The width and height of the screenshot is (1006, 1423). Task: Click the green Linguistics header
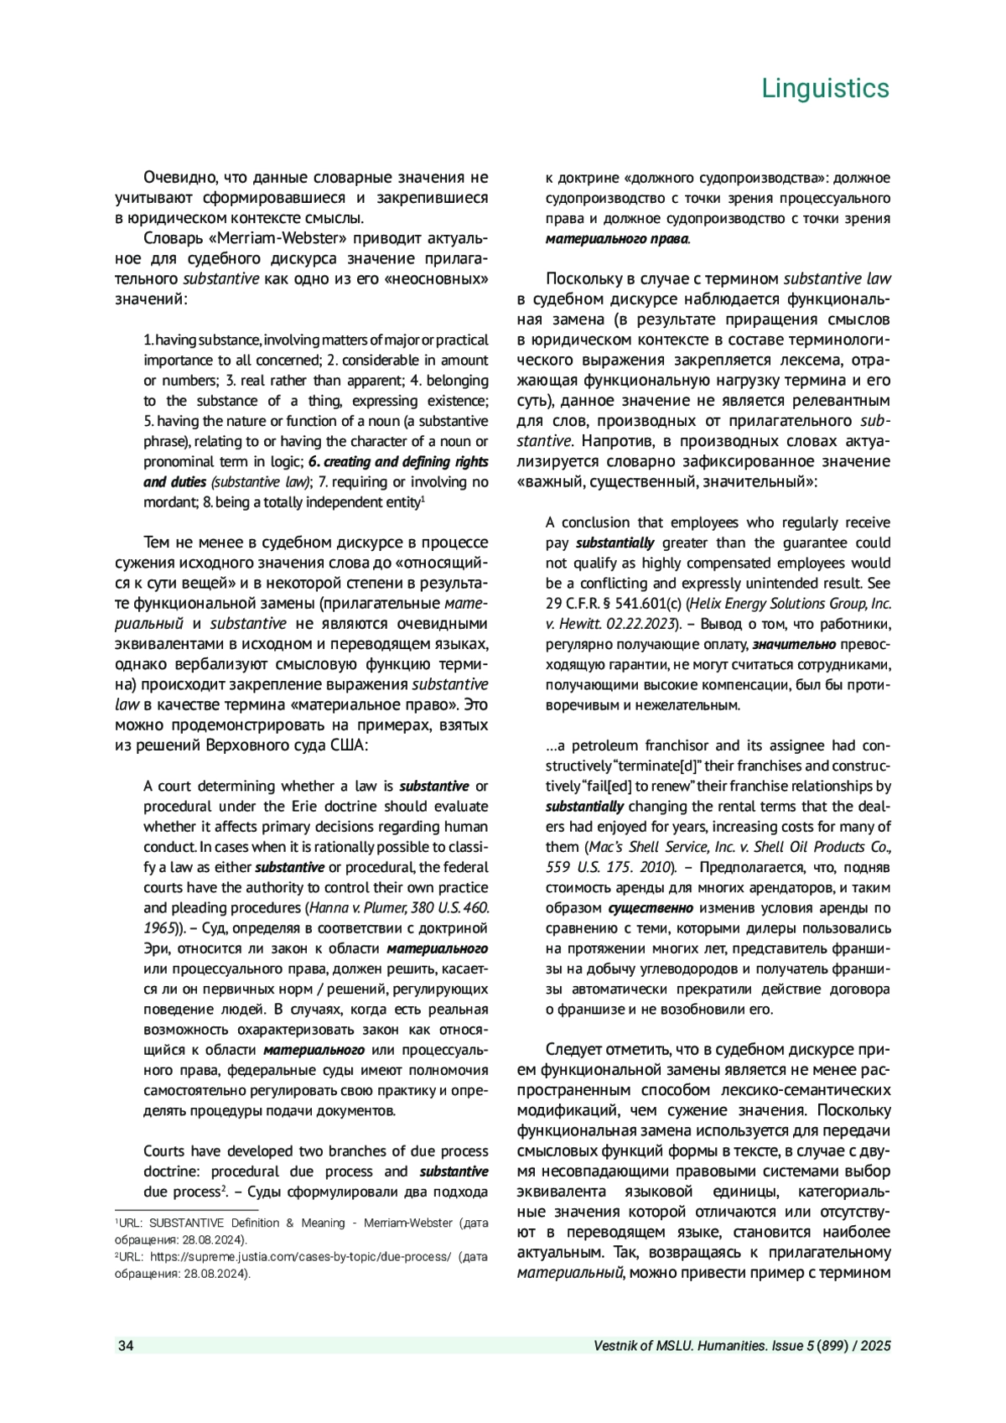click(825, 88)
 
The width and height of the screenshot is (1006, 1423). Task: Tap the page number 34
click(126, 1346)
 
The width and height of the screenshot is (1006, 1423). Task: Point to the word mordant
click(171, 502)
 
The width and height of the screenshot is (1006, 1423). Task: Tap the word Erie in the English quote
click(329, 807)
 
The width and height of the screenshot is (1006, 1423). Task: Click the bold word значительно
click(794, 644)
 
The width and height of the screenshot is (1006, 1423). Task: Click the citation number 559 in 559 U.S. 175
click(560, 867)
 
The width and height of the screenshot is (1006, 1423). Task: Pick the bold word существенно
click(651, 908)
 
